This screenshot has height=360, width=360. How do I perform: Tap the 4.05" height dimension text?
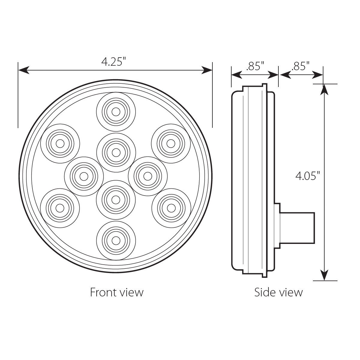(306, 176)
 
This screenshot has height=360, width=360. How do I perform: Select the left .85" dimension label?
(255, 66)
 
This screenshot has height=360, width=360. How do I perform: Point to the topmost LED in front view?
(115, 112)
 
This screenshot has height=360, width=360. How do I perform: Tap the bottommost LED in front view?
(115, 240)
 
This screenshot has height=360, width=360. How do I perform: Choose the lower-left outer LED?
(60, 208)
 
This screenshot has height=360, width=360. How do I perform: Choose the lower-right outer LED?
(171, 208)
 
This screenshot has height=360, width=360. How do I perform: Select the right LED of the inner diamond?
(147, 175)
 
